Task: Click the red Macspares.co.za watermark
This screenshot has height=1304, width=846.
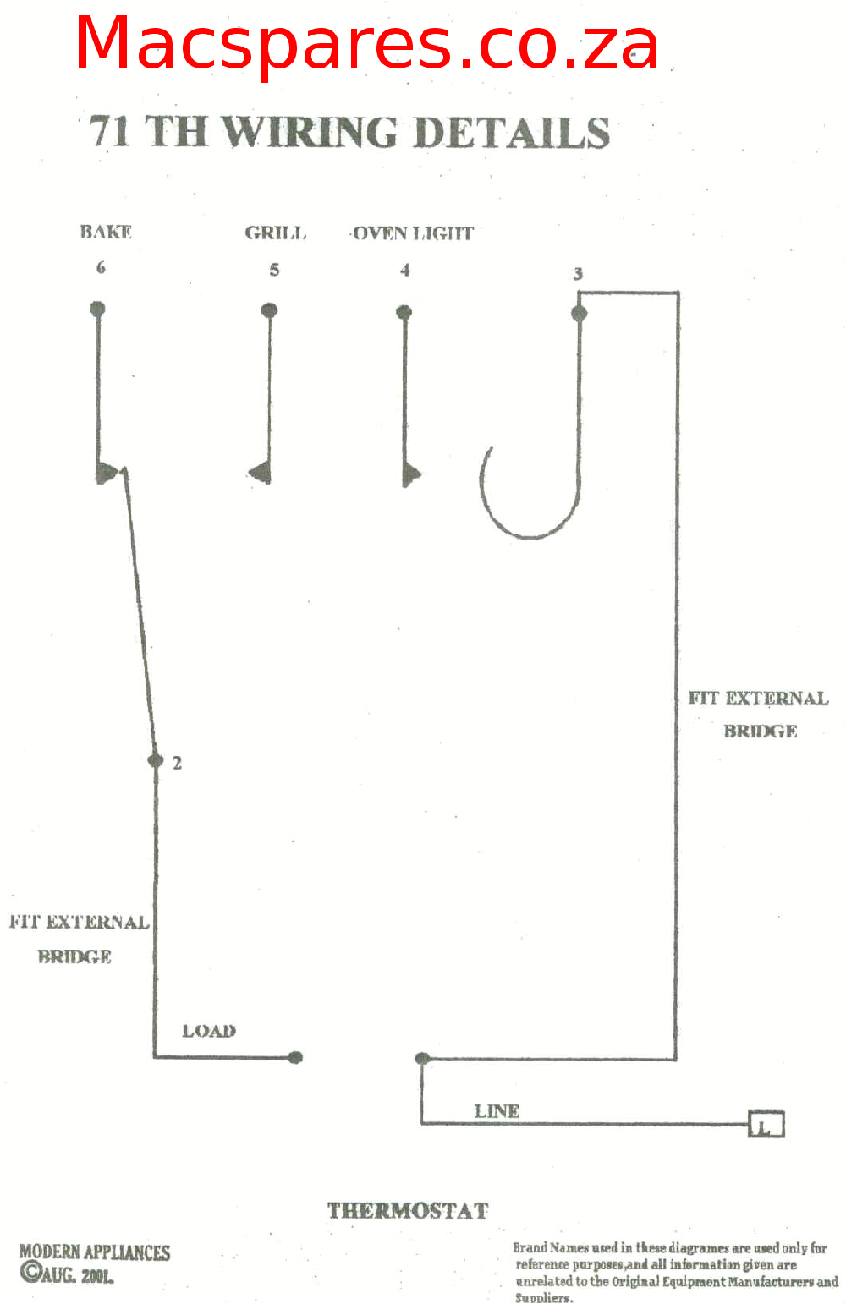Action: point(366,44)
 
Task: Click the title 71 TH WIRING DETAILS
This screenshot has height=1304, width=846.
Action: point(349,133)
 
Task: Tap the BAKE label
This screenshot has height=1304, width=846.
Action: point(106,232)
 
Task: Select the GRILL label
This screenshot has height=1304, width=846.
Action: point(275,233)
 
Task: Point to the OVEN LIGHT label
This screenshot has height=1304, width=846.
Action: point(413,233)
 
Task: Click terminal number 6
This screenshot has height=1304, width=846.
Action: point(101,268)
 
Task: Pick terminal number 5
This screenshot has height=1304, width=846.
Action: point(274,270)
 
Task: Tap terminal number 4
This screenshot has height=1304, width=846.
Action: point(405,271)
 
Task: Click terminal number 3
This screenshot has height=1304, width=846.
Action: point(578,274)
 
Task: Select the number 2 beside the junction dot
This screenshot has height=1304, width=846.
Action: point(177,763)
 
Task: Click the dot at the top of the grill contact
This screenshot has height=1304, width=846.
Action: point(269,310)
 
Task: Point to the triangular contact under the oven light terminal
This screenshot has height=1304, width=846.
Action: point(411,474)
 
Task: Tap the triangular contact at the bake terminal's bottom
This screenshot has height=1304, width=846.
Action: point(107,472)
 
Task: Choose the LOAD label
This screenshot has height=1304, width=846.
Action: point(209,1031)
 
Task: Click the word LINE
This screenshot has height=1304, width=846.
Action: point(497,1111)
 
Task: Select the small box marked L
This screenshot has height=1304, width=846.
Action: point(766,1125)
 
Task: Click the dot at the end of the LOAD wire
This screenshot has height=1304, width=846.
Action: point(295,1057)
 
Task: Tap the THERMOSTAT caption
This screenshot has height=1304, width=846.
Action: point(408,1211)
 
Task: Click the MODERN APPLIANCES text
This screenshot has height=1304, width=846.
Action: point(95,1252)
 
